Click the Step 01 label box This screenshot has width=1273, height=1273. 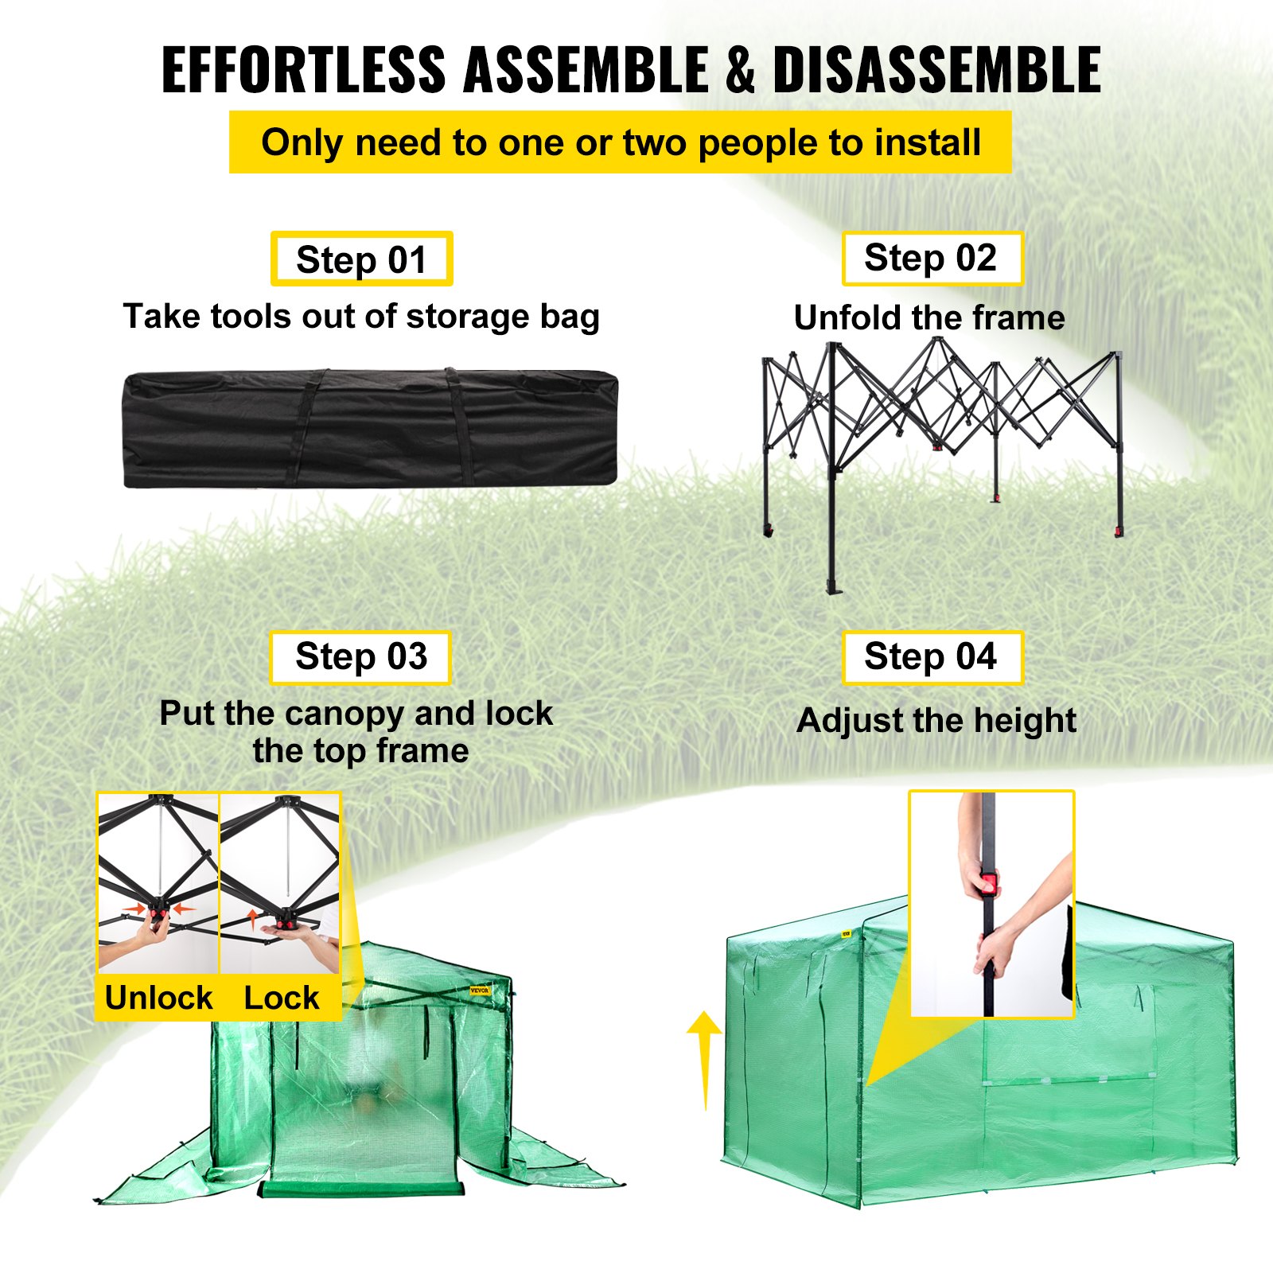[361, 259]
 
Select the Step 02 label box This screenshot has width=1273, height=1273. [932, 258]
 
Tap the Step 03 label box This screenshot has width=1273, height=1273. [360, 657]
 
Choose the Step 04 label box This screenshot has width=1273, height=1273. [932, 657]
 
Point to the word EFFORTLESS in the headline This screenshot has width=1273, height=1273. [303, 70]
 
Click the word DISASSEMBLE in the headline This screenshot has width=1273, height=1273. [936, 70]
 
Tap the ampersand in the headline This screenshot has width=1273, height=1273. [739, 70]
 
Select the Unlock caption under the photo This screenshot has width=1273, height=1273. [158, 998]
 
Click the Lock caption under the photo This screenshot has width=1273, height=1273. [281, 998]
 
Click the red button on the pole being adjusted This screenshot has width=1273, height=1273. [988, 883]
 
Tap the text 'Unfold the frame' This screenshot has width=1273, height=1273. [929, 317]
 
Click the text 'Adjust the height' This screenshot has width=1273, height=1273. [936, 721]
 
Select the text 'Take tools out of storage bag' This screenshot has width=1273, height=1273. [361, 316]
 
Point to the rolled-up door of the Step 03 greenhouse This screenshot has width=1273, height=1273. [361, 1189]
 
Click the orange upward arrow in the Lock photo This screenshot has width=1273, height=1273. [253, 919]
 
